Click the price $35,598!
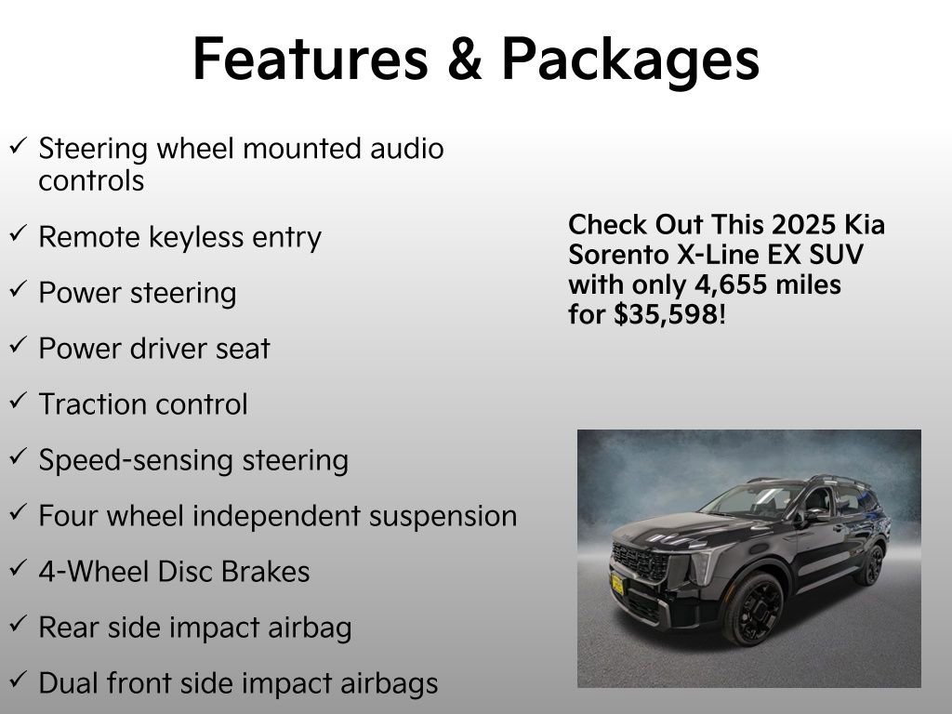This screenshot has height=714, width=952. tap(667, 314)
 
